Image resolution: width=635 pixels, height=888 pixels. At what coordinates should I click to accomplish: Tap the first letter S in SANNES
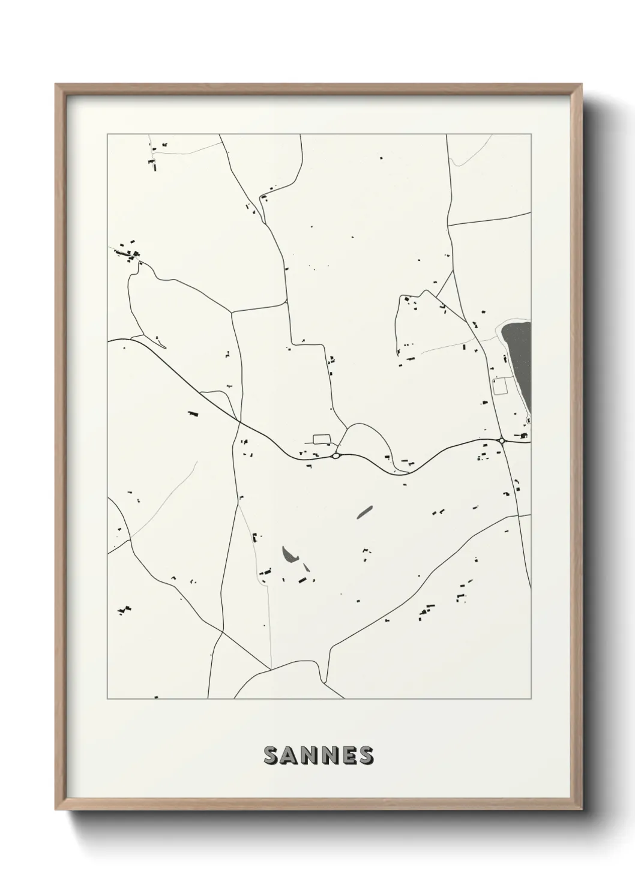[x=271, y=756]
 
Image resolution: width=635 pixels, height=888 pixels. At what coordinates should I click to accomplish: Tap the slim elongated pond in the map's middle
[x=364, y=511]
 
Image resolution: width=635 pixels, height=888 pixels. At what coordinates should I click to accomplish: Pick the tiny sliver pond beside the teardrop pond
[x=306, y=566]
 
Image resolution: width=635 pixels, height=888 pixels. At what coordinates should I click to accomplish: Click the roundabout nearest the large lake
[x=501, y=441]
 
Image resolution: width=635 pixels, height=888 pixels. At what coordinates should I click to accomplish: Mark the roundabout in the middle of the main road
[x=335, y=456]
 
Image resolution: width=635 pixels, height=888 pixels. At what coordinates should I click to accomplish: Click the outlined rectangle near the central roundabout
[x=322, y=439]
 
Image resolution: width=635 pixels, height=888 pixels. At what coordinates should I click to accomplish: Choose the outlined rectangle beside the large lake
[x=499, y=385]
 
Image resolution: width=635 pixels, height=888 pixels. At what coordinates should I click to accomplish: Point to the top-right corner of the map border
[x=531, y=134]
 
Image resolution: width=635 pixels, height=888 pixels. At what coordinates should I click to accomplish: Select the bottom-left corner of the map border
[x=107, y=699]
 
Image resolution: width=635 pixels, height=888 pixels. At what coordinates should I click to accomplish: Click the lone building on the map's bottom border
[x=156, y=697]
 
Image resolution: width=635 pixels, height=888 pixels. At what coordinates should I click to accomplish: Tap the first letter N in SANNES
[x=308, y=756]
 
